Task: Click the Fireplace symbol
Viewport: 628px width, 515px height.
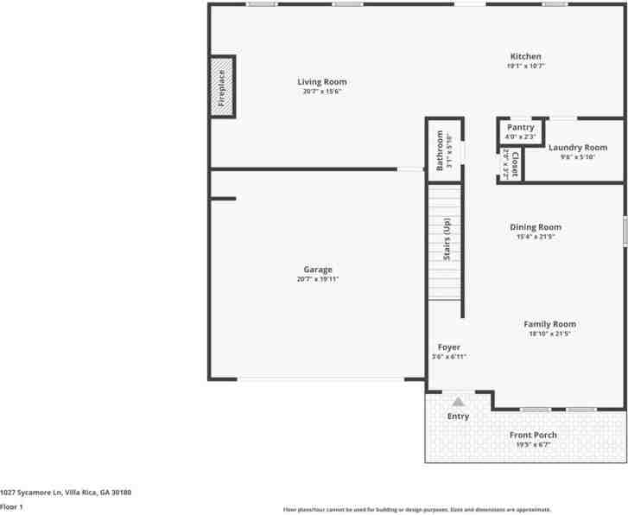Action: (x=222, y=86)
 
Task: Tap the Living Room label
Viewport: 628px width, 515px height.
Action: (x=322, y=82)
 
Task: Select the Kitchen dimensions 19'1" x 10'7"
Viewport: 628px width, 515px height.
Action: (x=525, y=66)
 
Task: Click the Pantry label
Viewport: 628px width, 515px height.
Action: (x=520, y=128)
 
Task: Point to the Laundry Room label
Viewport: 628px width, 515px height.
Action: (x=578, y=148)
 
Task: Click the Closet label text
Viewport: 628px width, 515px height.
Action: (x=515, y=163)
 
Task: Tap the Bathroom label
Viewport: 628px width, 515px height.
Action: (x=440, y=150)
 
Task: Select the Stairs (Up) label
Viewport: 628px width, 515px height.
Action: (x=447, y=239)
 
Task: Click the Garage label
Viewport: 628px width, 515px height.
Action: (x=317, y=270)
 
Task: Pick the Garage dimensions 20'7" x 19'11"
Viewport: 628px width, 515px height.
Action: (x=317, y=279)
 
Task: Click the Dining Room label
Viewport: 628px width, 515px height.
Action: (x=535, y=227)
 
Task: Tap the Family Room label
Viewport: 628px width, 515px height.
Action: (x=549, y=324)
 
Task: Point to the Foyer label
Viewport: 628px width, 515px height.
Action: (x=448, y=347)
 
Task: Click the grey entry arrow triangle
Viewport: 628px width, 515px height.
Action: (x=458, y=400)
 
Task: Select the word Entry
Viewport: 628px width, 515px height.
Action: (x=458, y=416)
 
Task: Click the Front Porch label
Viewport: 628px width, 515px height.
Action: (x=533, y=435)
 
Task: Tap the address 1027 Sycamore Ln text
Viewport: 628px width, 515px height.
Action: (x=66, y=492)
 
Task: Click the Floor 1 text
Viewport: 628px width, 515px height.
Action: (x=11, y=506)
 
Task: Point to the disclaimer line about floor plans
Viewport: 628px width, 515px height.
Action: (x=416, y=510)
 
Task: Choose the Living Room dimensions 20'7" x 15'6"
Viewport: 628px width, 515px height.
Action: (x=322, y=91)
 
